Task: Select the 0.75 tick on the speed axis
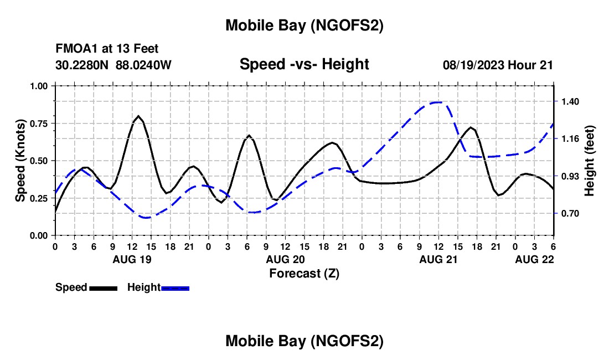(40, 123)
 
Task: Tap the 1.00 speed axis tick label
(40, 86)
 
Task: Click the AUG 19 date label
(132, 259)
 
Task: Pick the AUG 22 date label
(534, 259)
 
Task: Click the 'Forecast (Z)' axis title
(304, 273)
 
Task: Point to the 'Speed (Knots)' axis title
(20, 160)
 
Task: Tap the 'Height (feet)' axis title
(590, 160)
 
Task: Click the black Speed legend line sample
(103, 288)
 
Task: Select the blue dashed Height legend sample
(176, 288)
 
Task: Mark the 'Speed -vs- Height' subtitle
(304, 64)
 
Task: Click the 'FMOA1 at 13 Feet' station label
(107, 49)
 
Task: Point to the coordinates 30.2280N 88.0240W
(113, 65)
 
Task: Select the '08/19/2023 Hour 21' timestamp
(498, 65)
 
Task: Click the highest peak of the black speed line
(138, 116)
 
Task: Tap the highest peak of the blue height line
(438, 102)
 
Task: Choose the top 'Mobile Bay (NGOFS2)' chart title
(304, 25)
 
